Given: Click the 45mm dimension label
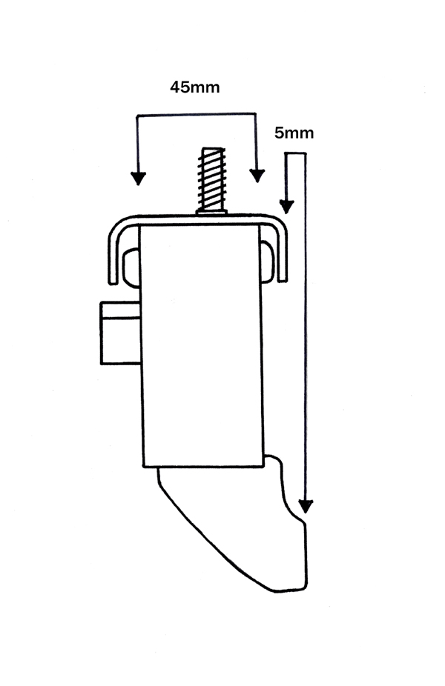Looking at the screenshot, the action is pos(195,87).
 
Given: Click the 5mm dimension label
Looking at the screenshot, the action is pos(294,133).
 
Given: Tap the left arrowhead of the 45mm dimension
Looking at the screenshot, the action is pos(138,178).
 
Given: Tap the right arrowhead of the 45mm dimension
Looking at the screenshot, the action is pos(257,176).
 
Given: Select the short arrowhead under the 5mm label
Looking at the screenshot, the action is pos(286,207).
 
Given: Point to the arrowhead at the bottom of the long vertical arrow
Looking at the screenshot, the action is pos(306,506).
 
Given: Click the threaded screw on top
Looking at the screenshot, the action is pos(212,179).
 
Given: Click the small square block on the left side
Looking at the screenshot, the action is pos(121,333).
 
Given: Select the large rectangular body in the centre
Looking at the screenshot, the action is pos(202,346).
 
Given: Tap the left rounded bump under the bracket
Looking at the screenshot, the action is pos(132,267).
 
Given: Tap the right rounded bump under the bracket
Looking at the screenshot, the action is pos(267,262).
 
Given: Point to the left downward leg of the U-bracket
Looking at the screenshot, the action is pos(113,258).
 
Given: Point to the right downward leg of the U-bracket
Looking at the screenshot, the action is pos(282,256).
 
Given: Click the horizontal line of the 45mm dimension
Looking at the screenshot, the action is pos(197,115).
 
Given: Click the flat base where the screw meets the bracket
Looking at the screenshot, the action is pos(212,212).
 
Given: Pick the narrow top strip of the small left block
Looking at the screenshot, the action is pos(120,310).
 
